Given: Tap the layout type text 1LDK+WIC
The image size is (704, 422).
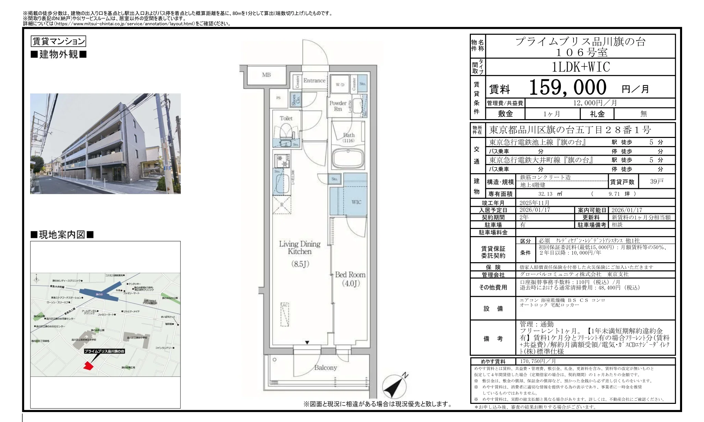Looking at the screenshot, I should (x=581, y=67).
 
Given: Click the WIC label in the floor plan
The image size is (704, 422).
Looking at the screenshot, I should (x=356, y=202).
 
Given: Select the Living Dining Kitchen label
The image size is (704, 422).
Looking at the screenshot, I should (x=300, y=248).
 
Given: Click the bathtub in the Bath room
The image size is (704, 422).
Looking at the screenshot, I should (x=348, y=158).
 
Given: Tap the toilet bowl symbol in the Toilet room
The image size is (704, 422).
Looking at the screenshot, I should (x=286, y=132).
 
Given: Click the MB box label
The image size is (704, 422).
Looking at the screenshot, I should (x=266, y=75).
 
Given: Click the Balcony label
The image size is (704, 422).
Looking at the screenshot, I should (x=325, y=368).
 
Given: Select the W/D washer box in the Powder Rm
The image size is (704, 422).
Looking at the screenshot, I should (x=340, y=85).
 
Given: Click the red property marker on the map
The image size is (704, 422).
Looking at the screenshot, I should (x=88, y=366).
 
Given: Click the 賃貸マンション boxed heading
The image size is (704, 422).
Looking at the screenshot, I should (x=58, y=41).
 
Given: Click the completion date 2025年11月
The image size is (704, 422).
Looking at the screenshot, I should (x=534, y=203).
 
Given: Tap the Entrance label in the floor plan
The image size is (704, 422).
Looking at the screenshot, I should (x=314, y=81).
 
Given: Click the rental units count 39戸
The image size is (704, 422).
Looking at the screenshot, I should (x=656, y=182).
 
